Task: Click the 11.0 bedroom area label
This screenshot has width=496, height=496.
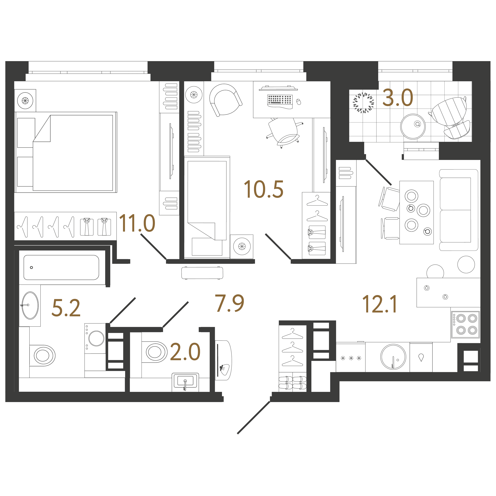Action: (137, 223)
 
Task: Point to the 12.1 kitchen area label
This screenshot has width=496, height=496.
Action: (379, 304)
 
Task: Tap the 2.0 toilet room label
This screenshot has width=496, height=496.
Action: (185, 352)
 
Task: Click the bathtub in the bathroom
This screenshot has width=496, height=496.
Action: (61, 267)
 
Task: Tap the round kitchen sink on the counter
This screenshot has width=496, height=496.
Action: (393, 357)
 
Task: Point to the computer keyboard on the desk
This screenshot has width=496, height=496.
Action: (280, 100)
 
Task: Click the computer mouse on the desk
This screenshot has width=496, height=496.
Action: (299, 102)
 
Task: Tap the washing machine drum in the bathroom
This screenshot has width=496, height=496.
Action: (96, 338)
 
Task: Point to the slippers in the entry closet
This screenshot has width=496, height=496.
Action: (293, 382)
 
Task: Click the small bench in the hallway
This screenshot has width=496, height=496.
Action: (202, 273)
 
